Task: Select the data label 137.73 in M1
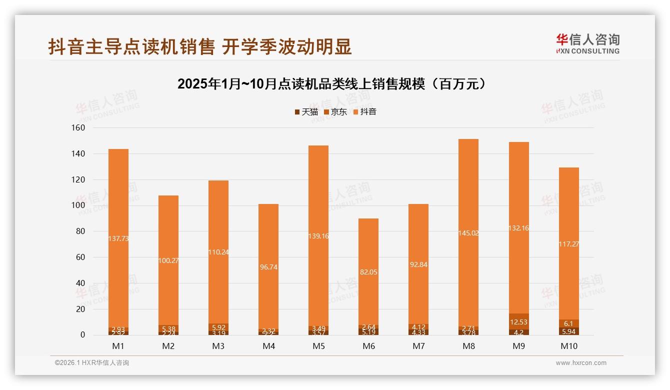coord(118,239)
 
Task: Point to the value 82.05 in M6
coord(368,272)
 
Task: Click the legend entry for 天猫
coord(306,112)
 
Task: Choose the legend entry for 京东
coord(335,112)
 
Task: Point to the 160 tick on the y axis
coord(78,128)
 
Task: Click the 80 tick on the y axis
coord(80,231)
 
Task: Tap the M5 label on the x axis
coord(318,346)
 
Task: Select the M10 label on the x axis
coord(568,346)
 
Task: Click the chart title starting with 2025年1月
coord(332,84)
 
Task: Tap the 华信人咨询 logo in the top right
coord(587,43)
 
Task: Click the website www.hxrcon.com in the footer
coord(581,363)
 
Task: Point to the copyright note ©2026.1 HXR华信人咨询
coord(91,363)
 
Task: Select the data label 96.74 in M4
coord(268,267)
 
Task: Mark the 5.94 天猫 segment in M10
coord(568,331)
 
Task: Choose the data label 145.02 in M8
coord(468,233)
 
